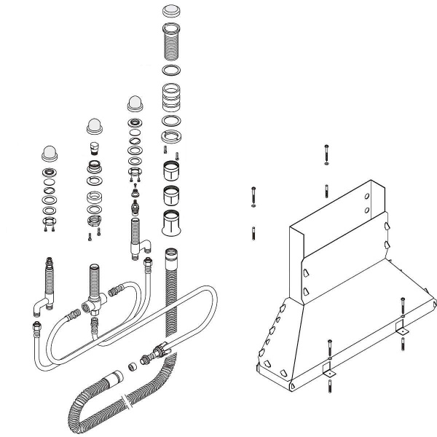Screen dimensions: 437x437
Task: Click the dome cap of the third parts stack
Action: (135, 102)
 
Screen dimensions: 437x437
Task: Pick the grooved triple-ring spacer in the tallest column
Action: (172, 96)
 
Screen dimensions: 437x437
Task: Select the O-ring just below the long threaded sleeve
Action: (172, 71)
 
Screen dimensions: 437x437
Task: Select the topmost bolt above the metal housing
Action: (326, 154)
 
